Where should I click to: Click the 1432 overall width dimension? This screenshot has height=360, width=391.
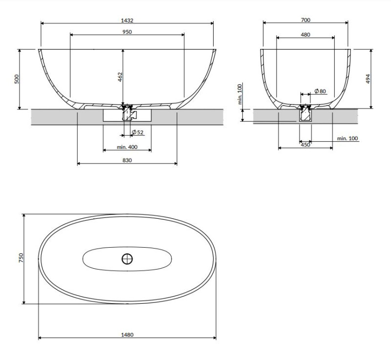pyautogui.click(x=127, y=21)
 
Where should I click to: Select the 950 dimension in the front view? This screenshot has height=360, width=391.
pyautogui.click(x=127, y=32)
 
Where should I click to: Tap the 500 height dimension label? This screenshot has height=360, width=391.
pyautogui.click(x=16, y=79)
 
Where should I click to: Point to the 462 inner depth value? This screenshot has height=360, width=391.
pyautogui.click(x=120, y=77)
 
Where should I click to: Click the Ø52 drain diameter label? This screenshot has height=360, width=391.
pyautogui.click(x=137, y=132)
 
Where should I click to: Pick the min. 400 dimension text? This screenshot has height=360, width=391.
pyautogui.click(x=127, y=147)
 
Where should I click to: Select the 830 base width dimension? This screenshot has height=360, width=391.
pyautogui.click(x=127, y=160)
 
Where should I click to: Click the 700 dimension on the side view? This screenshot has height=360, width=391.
pyautogui.click(x=306, y=21)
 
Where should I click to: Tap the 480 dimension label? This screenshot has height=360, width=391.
pyautogui.click(x=305, y=35)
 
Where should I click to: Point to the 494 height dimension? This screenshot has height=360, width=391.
pyautogui.click(x=368, y=79)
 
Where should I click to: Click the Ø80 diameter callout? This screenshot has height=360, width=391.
pyautogui.click(x=320, y=91)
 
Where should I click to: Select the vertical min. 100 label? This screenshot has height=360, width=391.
pyautogui.click(x=240, y=94)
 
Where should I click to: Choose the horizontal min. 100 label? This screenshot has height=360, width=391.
pyautogui.click(x=348, y=138)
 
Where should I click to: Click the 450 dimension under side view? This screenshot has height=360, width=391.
pyautogui.click(x=305, y=145)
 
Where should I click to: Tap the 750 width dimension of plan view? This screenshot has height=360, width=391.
pyautogui.click(x=21, y=258)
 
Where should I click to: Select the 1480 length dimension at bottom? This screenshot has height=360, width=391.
pyautogui.click(x=127, y=335)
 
